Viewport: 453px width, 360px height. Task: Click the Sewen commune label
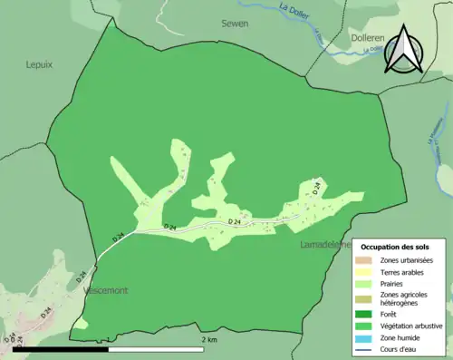(x=235, y=24)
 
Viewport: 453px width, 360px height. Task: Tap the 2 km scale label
(x=209, y=340)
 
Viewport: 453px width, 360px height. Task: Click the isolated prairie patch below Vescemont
(x=82, y=323)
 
